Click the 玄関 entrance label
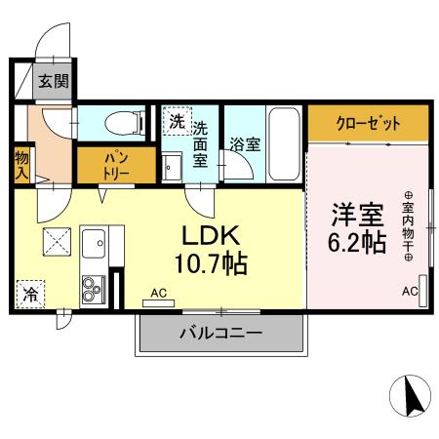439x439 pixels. pyautogui.click(x=54, y=81)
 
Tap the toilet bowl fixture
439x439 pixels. pyautogui.click(x=125, y=123)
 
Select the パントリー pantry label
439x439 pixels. pyautogui.click(x=116, y=166)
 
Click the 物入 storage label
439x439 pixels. pyautogui.click(x=21, y=166)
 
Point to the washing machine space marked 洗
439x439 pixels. pyautogui.click(x=178, y=121)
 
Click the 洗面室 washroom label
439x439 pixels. pyautogui.click(x=200, y=144)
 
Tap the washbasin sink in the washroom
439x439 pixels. pyautogui.click(x=172, y=167)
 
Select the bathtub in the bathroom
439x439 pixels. pyautogui.click(x=284, y=143)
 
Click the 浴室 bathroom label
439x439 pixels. pyautogui.click(x=245, y=144)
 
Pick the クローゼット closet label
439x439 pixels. pyautogui.click(x=368, y=123)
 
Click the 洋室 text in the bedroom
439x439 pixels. pyautogui.click(x=357, y=215)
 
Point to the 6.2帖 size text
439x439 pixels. pyautogui.click(x=357, y=243)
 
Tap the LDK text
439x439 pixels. pyautogui.click(x=211, y=235)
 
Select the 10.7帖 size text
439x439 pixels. pyautogui.click(x=212, y=263)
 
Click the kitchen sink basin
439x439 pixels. pyautogui.click(x=94, y=243)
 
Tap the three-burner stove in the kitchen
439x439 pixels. pyautogui.click(x=94, y=289)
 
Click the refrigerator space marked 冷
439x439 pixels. pyautogui.click(x=30, y=294)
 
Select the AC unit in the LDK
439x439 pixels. pyautogui.click(x=159, y=303)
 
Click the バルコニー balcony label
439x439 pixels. pyautogui.click(x=220, y=333)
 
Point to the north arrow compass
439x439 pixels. pyautogui.click(x=410, y=396)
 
